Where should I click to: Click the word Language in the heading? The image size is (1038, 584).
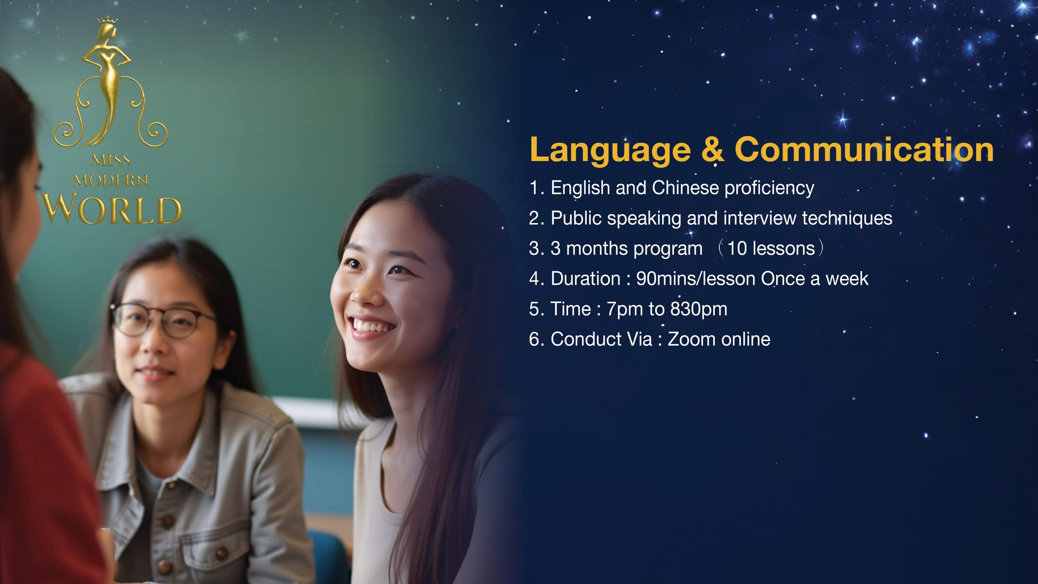click(610, 150)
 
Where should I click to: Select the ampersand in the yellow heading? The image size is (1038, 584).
click(712, 149)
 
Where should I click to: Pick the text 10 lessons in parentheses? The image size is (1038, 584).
click(771, 248)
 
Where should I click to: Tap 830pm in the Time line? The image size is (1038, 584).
click(698, 309)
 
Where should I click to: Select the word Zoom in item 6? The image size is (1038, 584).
click(692, 339)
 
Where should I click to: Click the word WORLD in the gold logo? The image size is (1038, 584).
click(112, 209)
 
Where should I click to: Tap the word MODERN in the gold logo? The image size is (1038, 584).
click(110, 180)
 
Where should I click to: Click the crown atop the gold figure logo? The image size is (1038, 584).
click(107, 19)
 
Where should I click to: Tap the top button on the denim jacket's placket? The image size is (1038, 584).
click(167, 521)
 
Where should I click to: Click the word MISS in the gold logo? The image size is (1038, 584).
click(111, 160)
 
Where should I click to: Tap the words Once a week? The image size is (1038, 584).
click(815, 279)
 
